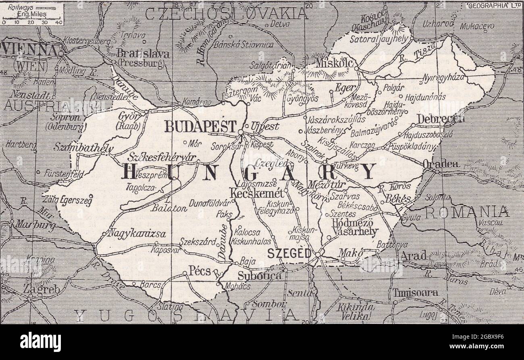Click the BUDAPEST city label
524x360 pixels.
pyautogui.click(x=200, y=127)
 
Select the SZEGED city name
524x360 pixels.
pyautogui.click(x=289, y=254)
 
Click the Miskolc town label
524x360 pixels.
pyautogui.click(x=335, y=63)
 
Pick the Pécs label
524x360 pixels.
pyautogui.click(x=200, y=271)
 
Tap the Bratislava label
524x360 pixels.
pyautogui.click(x=143, y=54)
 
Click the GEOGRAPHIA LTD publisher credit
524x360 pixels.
pyautogui.click(x=494, y=6)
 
